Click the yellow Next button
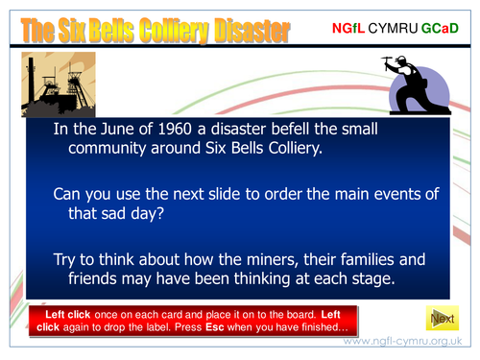(442, 318)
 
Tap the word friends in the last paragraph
(100, 279)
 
